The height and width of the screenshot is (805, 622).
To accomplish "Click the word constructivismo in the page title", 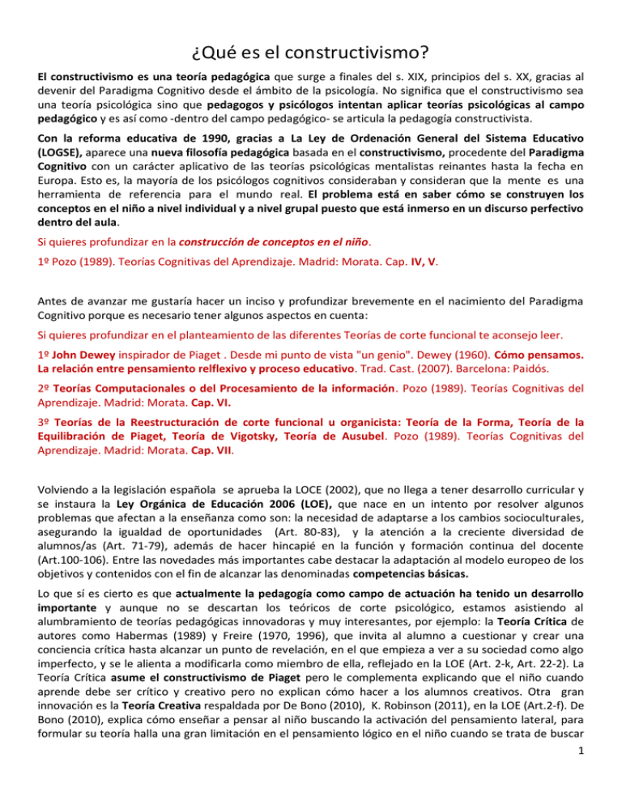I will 358,56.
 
